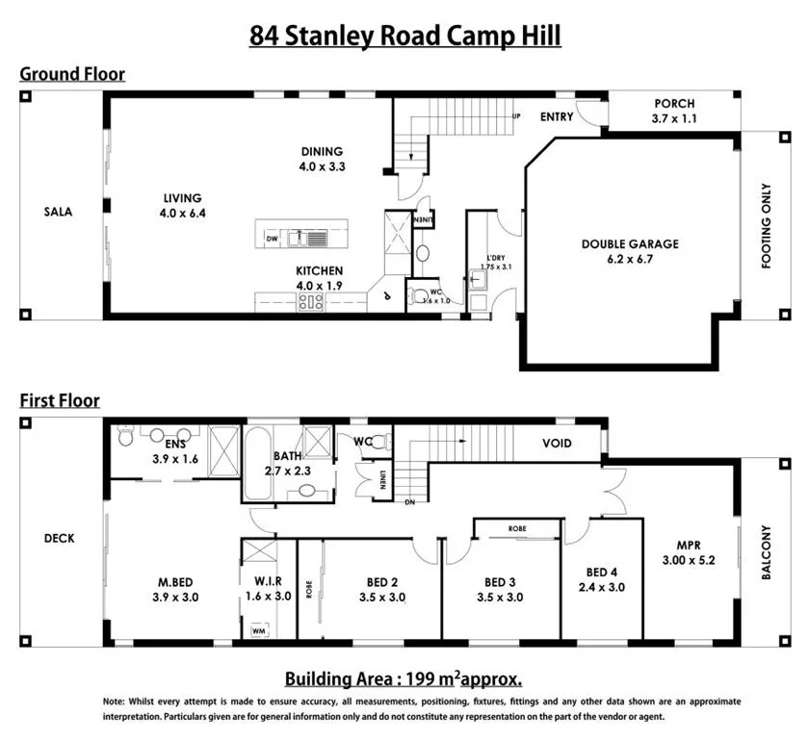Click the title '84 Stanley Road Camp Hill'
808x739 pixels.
[404, 36]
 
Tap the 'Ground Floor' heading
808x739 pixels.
[72, 74]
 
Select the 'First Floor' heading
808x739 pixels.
[60, 400]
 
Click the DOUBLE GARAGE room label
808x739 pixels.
[630, 244]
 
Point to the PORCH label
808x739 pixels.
[674, 104]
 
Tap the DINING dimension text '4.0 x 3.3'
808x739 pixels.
[321, 166]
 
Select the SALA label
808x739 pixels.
[60, 213]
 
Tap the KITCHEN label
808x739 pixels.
[319, 271]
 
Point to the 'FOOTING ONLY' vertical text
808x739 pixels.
[767, 224]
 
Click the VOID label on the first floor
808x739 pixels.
[557, 444]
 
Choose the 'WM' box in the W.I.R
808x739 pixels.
[258, 630]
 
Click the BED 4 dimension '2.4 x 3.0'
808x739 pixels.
[602, 587]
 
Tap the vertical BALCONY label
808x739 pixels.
[767, 552]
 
